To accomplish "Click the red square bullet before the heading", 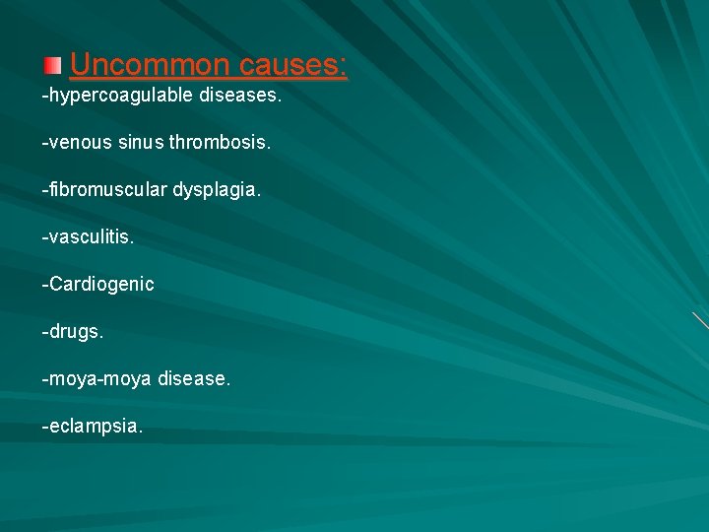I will (52, 66).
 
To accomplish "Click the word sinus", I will (139, 143).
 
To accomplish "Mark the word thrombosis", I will (220, 143).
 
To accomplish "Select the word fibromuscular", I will (107, 190).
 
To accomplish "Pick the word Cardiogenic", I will (100, 285).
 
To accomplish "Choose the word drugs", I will (73, 332).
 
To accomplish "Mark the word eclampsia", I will (95, 427).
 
